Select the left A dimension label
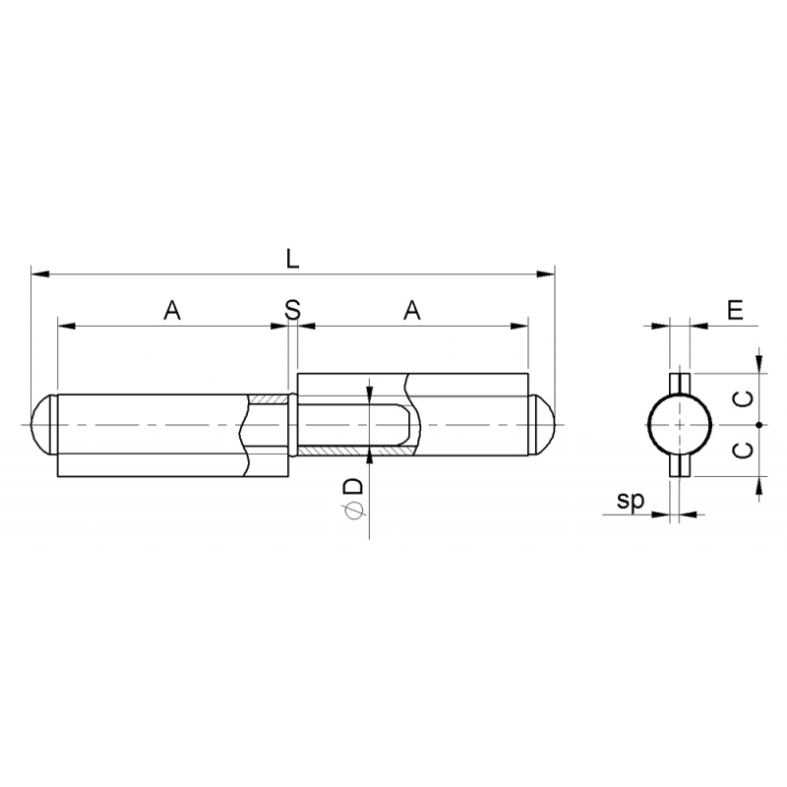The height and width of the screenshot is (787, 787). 172,310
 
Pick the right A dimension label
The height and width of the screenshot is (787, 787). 412,310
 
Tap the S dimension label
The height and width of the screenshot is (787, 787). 292,310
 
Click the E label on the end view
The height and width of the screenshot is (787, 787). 734,310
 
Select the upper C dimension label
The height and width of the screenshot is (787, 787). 746,397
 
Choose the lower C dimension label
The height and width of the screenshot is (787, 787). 746,450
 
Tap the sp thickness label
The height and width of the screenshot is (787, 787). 631,501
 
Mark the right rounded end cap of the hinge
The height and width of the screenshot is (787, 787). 544,425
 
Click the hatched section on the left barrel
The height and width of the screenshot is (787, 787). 268,398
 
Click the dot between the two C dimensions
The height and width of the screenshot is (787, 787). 758,425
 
